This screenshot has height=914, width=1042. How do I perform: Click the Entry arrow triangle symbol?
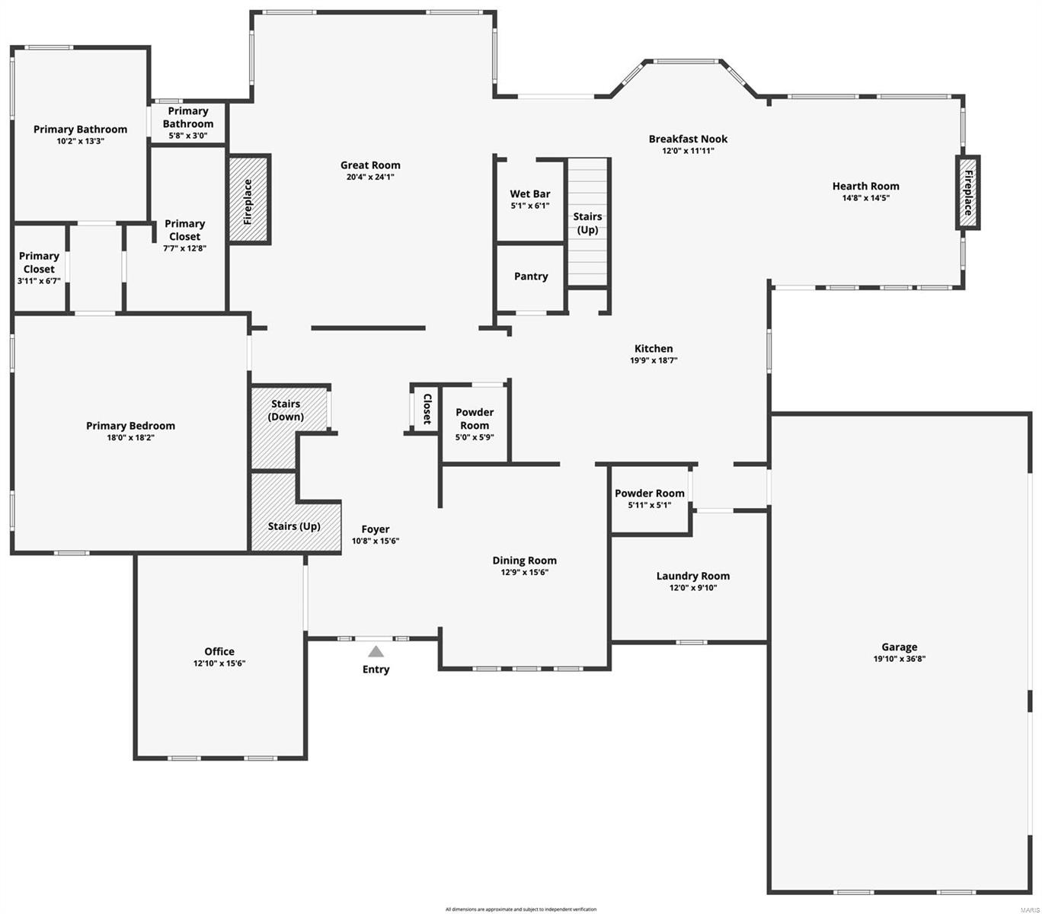click(376, 651)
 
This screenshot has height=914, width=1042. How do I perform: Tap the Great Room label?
click(370, 165)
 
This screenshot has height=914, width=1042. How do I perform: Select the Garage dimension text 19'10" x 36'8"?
click(900, 660)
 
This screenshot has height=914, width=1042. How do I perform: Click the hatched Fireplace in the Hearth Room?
click(967, 193)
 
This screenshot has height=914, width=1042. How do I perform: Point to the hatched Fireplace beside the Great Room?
click(248, 200)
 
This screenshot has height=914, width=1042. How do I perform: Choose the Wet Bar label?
click(530, 194)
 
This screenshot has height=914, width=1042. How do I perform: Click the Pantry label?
click(531, 276)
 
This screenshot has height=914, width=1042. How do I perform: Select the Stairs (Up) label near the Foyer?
click(294, 526)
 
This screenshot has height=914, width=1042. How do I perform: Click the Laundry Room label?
click(693, 576)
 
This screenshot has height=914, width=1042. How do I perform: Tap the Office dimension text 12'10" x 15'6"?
click(219, 663)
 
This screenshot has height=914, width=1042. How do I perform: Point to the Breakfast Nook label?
click(688, 139)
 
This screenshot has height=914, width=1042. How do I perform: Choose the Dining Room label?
click(524, 561)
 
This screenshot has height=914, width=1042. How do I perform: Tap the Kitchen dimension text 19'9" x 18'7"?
click(654, 361)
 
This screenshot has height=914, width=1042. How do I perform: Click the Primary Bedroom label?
click(130, 426)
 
